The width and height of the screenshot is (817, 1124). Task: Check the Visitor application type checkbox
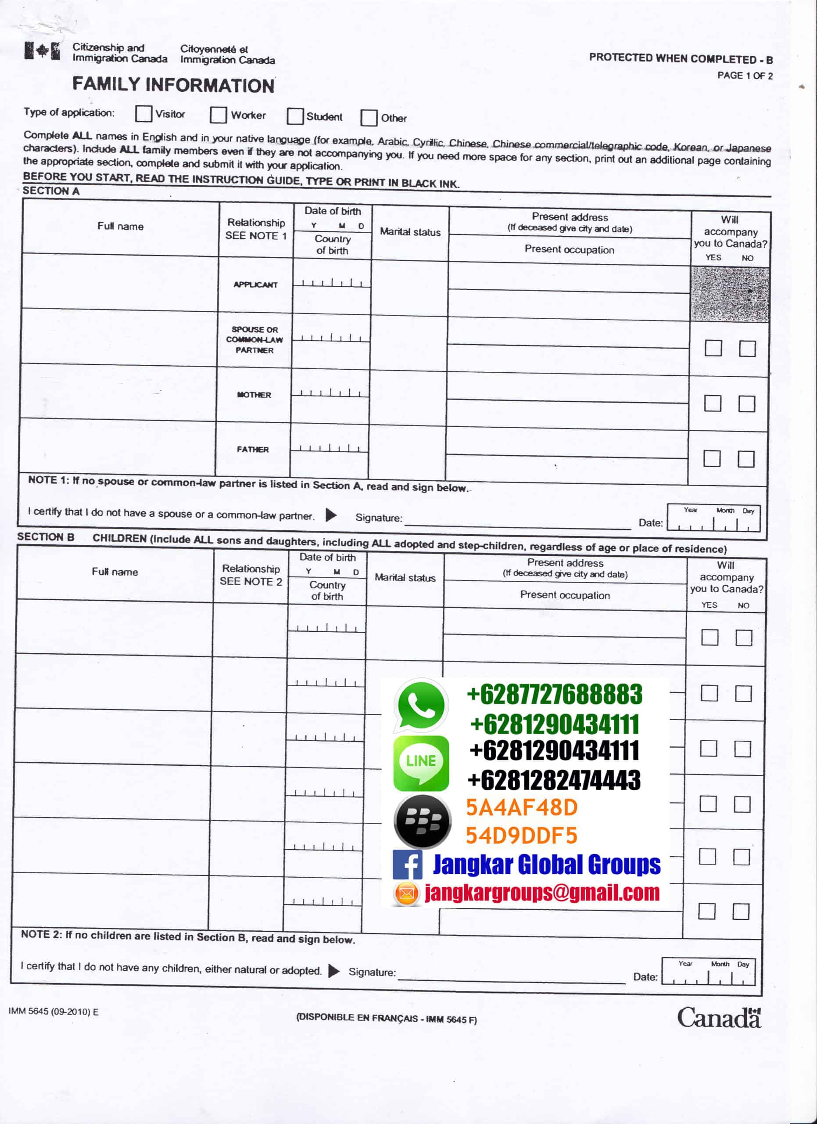coord(143,113)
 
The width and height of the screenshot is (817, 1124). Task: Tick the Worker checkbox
coord(218,115)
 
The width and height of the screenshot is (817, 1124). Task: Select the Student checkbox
coord(295,116)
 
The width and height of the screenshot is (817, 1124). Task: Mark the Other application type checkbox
coord(369,118)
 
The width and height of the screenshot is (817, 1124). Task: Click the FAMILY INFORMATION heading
coord(173,85)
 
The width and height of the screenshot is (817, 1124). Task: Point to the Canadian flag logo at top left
coord(43,51)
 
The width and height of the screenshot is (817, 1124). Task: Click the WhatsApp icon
coord(421,705)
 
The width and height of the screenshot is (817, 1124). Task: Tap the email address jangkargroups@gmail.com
coord(542,893)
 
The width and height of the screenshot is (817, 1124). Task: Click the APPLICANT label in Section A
coord(255,285)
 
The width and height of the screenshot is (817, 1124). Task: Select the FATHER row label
coord(253,450)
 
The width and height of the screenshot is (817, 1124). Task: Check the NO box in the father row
coord(745,459)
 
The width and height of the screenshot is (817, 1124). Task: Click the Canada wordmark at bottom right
coord(719,1018)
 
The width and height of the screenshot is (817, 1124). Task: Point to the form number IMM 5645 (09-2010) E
coord(54,1012)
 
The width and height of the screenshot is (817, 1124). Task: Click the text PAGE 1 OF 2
coord(745,76)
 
